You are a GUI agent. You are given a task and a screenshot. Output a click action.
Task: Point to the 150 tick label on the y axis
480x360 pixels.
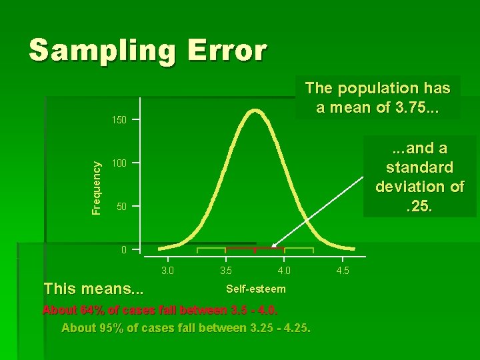(x=119, y=121)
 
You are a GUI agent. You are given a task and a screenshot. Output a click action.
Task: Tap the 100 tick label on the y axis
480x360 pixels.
(x=119, y=163)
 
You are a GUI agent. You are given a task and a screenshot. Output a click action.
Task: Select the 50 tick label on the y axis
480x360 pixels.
(x=121, y=207)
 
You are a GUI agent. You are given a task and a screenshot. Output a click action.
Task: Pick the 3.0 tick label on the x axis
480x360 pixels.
(x=167, y=271)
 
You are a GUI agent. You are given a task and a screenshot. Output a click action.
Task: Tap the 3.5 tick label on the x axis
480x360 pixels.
(x=226, y=271)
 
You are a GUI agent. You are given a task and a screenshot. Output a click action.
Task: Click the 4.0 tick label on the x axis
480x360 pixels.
(x=284, y=271)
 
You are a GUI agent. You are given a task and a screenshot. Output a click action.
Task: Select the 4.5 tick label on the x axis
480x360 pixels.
(x=342, y=271)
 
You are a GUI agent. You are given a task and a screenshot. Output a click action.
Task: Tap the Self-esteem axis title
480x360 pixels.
(x=256, y=289)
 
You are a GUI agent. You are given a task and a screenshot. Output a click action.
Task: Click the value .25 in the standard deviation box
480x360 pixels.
(x=420, y=207)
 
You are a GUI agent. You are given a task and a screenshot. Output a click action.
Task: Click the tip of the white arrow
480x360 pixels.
(x=272, y=247)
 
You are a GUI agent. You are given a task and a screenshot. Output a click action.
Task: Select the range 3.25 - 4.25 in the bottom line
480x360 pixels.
(x=278, y=327)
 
